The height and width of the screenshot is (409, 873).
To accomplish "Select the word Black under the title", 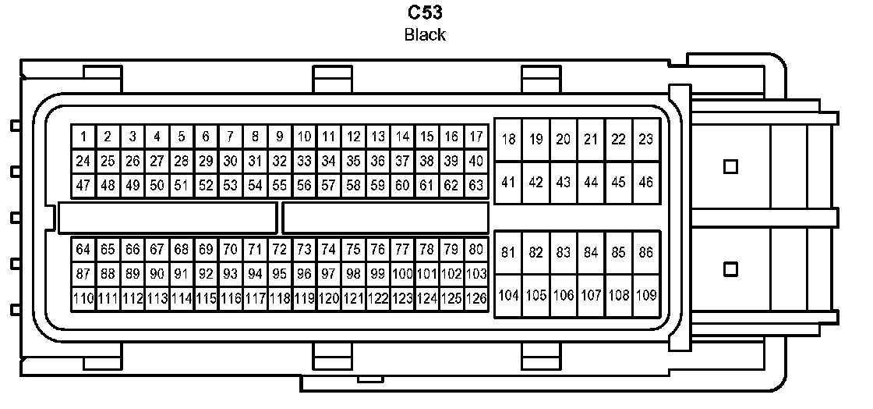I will click(425, 34).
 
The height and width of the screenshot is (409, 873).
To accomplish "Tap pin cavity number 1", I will click(83, 137).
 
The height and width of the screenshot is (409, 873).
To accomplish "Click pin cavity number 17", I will click(475, 137).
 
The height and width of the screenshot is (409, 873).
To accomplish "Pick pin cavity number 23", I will click(645, 140).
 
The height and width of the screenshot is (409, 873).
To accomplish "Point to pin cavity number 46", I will click(645, 182).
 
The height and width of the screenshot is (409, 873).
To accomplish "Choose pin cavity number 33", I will click(304, 161).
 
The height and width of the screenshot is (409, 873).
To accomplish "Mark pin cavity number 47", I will click(83, 186).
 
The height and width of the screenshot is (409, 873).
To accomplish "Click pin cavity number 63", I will click(475, 186).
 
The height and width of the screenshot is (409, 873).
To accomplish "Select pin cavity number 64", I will click(83, 249).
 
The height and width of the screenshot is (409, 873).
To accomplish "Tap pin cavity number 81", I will click(508, 252).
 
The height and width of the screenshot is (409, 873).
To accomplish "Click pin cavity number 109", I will click(645, 296).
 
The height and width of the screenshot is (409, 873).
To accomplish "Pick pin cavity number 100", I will click(402, 274).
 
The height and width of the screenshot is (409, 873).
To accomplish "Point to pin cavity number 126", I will click(475, 298).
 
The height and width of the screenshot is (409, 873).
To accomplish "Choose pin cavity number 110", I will click(83, 298).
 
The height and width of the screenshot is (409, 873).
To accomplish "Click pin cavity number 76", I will click(378, 249).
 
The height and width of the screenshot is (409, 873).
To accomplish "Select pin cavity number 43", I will click(563, 182).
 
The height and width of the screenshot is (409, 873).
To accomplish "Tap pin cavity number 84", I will click(591, 252).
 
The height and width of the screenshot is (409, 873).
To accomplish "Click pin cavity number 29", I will click(206, 161).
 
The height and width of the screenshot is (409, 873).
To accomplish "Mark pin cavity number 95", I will click(279, 274).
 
